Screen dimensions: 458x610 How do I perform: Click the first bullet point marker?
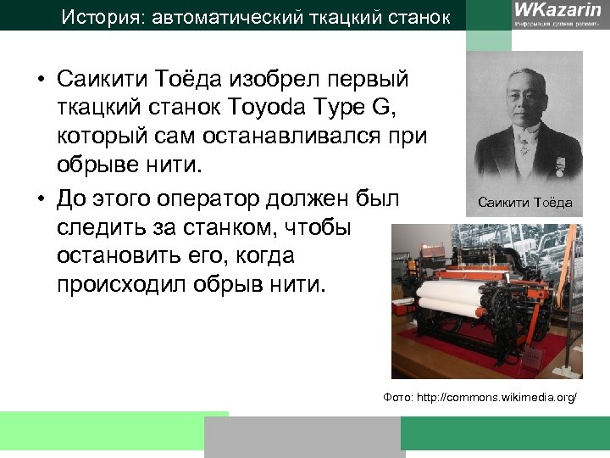pos(41,81)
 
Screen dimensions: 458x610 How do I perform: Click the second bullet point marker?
pos(41,200)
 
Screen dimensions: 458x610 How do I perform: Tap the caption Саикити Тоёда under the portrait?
pos(525,203)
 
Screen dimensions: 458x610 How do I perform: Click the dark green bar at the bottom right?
pos(505,433)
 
